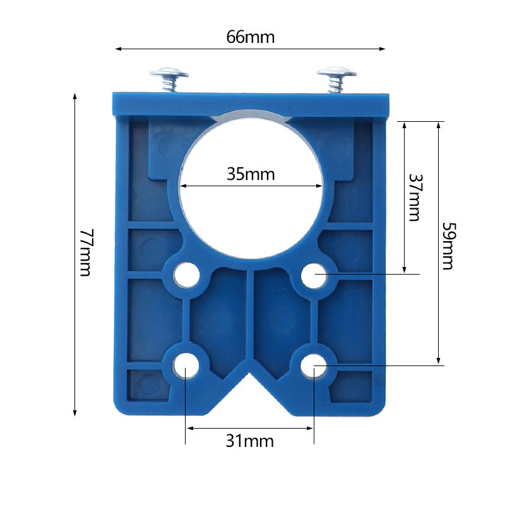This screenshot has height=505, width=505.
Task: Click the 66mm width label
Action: click(251, 37)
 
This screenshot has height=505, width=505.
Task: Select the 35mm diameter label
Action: click(251, 174)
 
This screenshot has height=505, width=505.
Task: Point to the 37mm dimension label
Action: click(413, 198)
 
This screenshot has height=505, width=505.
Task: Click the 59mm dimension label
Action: click(448, 246)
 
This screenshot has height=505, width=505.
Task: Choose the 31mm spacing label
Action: click(250, 441)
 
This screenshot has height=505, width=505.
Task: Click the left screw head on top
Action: click(169, 74)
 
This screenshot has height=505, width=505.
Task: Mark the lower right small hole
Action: click(313, 364)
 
